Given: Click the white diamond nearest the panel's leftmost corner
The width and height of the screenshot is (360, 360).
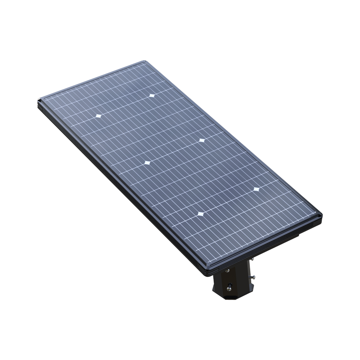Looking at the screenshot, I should pyautogui.click(x=98, y=116).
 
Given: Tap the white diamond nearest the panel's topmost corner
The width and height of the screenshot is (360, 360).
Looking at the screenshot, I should pyautogui.click(x=152, y=95).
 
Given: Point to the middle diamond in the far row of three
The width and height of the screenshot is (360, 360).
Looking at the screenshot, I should pyautogui.click(x=201, y=140).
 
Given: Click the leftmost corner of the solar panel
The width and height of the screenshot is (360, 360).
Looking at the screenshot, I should pyautogui.click(x=37, y=102).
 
